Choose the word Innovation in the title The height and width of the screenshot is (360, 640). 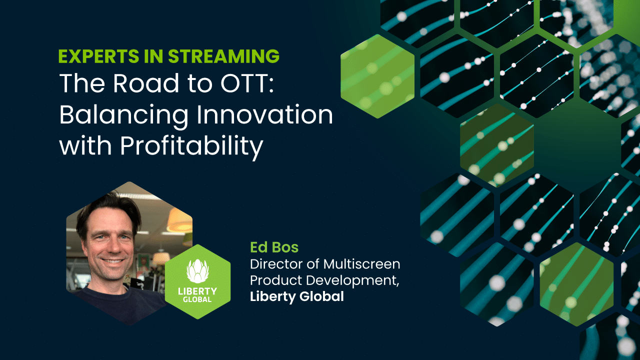[x=264, y=114]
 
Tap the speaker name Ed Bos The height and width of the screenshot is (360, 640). [x=274, y=247]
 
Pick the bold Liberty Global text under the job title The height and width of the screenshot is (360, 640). [x=297, y=296]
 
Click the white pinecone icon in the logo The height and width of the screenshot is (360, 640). [x=197, y=271]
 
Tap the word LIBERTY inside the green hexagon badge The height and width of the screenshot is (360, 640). [x=197, y=291]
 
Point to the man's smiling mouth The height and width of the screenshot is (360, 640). [x=112, y=261]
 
